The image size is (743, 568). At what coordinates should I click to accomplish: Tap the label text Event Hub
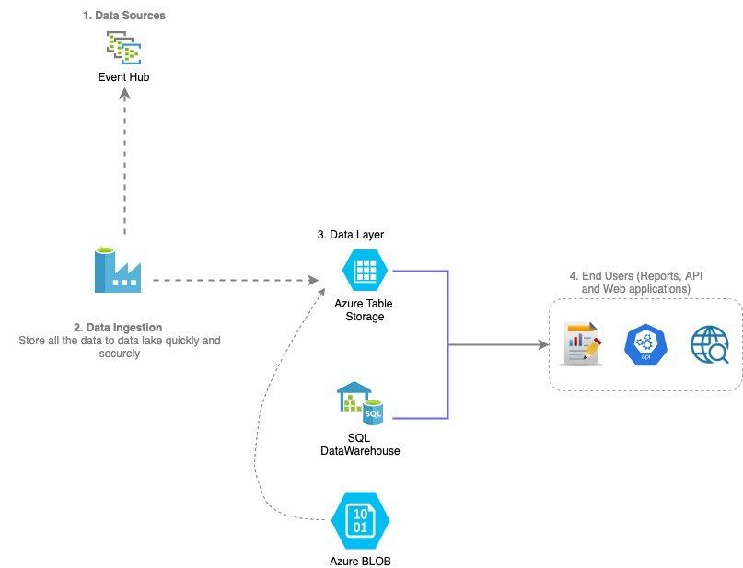coord(123,77)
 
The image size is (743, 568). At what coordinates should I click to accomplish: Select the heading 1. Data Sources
coord(123,16)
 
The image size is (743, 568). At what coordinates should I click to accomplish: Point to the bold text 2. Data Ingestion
coord(119,327)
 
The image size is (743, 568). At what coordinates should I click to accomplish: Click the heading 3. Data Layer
coord(350,235)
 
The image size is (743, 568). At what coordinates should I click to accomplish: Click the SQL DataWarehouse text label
coord(359,444)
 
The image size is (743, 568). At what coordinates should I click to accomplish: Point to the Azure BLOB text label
coord(360,561)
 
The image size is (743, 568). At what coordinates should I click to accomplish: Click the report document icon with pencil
coord(581,345)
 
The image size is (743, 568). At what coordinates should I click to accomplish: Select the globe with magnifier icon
coord(710,345)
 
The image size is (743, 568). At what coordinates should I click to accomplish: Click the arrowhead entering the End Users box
coord(541,345)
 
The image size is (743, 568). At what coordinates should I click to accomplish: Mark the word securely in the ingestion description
coord(119,353)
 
